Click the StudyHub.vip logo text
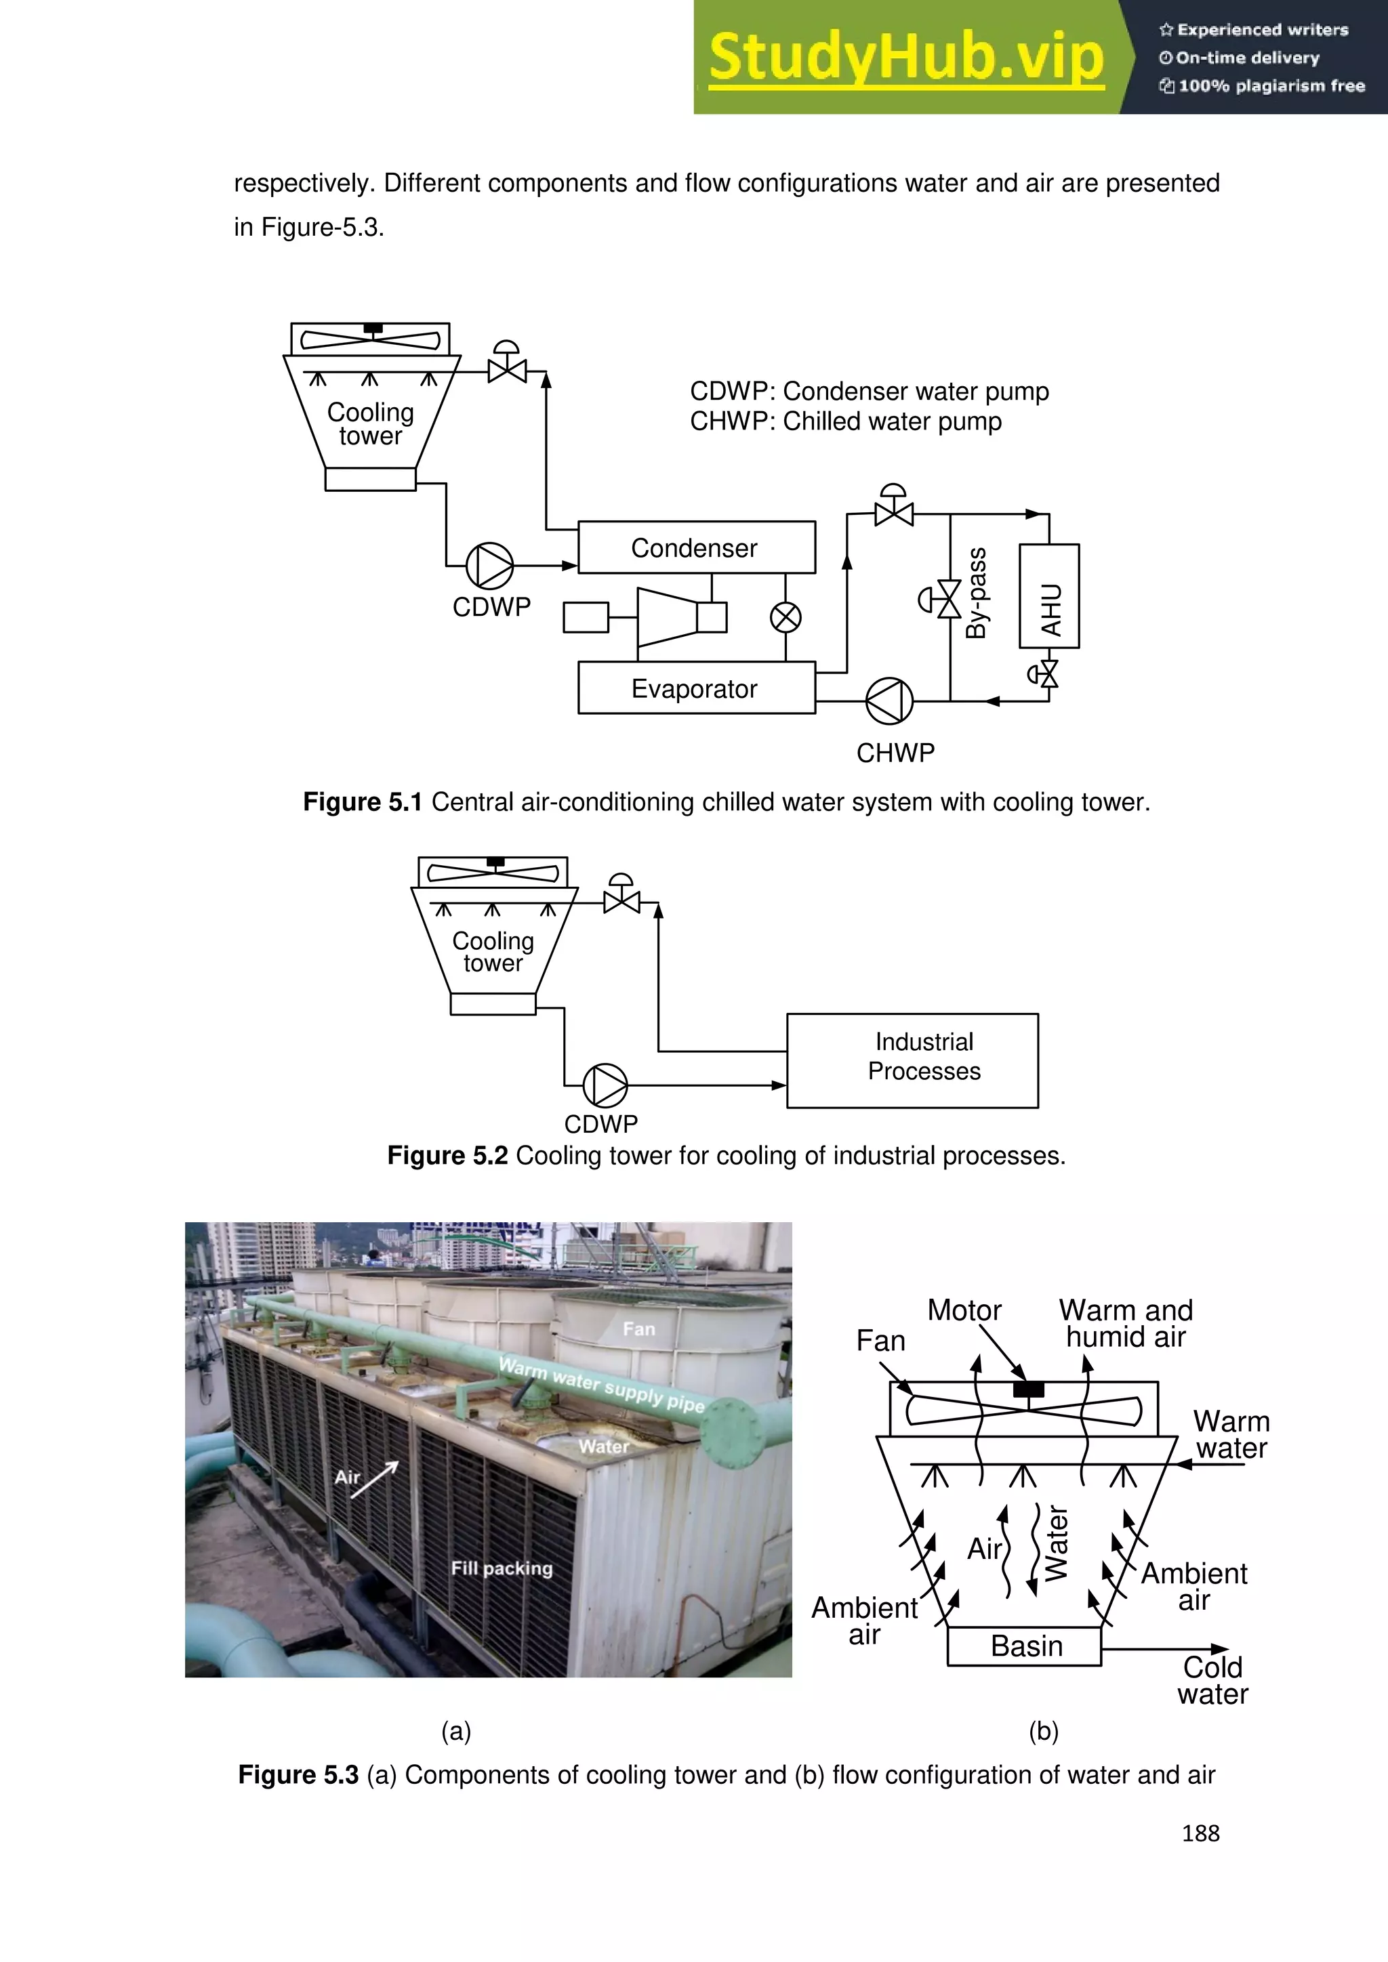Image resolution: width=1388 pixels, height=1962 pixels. point(906,58)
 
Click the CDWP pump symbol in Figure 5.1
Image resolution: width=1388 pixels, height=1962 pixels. point(490,565)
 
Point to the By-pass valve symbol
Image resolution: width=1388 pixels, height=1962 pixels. point(949,599)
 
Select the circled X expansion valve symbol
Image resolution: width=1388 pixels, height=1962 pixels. point(785,617)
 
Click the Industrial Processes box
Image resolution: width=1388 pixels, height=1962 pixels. point(912,1060)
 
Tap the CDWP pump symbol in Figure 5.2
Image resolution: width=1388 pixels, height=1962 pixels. point(605,1085)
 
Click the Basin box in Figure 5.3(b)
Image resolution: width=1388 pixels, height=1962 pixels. point(1024,1646)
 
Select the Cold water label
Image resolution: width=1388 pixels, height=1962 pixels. point(1212,1680)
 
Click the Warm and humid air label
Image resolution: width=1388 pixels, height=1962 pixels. point(1125,1324)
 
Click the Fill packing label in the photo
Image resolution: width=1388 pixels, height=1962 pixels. point(502,1568)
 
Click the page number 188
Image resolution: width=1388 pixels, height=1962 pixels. point(1200,1834)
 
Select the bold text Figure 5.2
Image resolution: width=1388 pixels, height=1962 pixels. point(447,1155)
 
